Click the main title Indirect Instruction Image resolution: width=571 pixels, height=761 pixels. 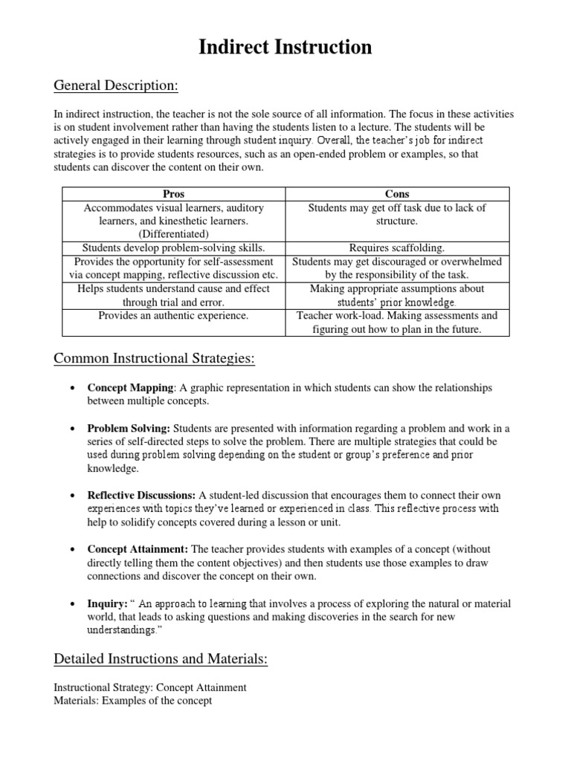pos(285,48)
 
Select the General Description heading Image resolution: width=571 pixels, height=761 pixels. pos(116,87)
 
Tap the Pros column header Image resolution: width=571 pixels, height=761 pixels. pos(173,194)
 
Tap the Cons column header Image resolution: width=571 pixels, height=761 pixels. pos(398,194)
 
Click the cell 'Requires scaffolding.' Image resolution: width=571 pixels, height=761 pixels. pos(397,248)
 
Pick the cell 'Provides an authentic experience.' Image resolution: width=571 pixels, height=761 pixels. pos(173,316)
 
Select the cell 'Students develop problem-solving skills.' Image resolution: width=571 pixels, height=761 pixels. pos(173,248)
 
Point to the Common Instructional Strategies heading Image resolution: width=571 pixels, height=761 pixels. pos(155,360)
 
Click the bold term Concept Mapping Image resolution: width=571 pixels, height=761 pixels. pos(131,388)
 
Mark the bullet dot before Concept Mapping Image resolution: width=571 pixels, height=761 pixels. pos(70,389)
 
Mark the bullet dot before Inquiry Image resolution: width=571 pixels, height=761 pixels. pos(70,604)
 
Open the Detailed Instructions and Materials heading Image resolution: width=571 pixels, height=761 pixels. pos(161,658)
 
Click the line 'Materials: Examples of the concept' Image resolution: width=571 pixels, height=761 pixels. pos(133,700)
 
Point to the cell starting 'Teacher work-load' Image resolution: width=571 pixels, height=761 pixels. pos(397,323)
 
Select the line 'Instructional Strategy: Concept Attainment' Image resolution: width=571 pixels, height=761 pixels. pos(150,687)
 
